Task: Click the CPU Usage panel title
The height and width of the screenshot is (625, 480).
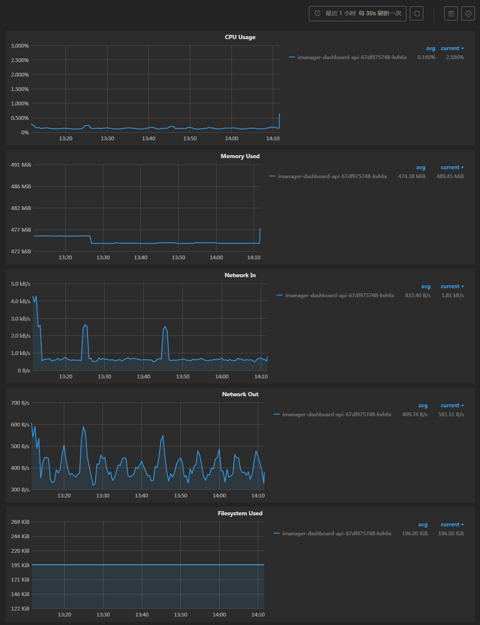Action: coord(240,37)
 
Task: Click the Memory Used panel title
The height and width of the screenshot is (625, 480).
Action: coord(240,156)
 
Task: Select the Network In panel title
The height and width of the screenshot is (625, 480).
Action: coord(240,275)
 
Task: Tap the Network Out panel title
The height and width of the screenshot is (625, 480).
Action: coord(240,394)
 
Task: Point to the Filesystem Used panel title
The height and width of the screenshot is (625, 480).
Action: coord(240,513)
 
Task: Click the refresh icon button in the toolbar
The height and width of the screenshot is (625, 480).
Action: coord(417,14)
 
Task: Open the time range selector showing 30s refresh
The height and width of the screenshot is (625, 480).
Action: coord(357,14)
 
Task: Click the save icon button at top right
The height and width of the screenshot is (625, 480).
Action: coord(451,14)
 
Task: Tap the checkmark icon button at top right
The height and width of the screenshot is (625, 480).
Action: coord(468,14)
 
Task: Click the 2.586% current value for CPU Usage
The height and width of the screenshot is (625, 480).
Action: coord(454,57)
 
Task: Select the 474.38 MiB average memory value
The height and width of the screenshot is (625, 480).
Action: coord(411,176)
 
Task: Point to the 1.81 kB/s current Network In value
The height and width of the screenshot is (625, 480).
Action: coord(452,295)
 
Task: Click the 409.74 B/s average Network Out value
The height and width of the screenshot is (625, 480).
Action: coord(414,415)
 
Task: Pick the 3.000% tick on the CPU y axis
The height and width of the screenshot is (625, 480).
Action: coord(20,46)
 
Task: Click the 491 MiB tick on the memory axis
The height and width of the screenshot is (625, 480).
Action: coord(21,165)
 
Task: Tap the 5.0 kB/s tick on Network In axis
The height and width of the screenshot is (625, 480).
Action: coord(20,284)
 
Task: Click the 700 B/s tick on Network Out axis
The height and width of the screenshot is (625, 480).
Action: coord(20,403)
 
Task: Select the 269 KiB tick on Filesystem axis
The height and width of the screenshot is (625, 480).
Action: coord(20,522)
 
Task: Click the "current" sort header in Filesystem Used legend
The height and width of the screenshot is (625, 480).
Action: coord(452,525)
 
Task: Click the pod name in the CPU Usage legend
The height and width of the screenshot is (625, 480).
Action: coord(352,57)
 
